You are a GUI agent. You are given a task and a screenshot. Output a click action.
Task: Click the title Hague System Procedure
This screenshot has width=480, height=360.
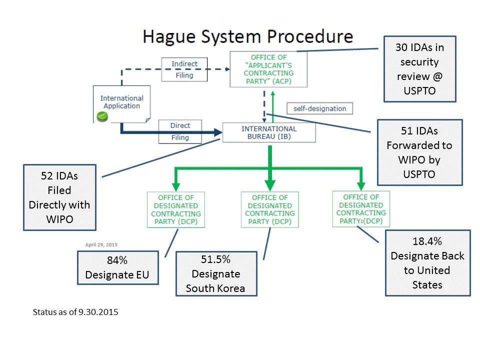click(248, 36)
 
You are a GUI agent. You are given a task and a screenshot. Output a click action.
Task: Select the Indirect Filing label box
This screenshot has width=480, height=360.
click(184, 69)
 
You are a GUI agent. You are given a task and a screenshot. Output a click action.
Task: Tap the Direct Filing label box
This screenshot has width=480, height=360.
click(180, 131)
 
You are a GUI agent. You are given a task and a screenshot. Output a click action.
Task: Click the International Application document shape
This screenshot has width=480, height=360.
click(122, 104)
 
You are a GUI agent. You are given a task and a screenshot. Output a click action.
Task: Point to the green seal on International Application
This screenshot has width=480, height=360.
click(102, 116)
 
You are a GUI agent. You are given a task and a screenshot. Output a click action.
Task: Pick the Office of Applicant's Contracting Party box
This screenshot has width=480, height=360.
click(268, 69)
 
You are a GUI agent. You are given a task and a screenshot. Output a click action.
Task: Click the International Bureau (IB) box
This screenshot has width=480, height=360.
click(269, 132)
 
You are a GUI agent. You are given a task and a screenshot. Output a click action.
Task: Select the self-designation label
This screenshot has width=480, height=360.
click(319, 108)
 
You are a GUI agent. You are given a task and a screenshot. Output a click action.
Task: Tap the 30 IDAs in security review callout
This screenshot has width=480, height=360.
click(419, 69)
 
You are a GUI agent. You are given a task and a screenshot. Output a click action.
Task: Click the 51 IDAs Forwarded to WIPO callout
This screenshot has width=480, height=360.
click(419, 152)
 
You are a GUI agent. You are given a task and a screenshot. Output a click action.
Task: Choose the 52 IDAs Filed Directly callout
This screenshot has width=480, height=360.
click(59, 197)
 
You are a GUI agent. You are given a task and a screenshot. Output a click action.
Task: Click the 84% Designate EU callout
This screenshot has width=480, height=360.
click(118, 268)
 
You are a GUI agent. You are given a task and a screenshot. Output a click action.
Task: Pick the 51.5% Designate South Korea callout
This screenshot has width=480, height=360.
click(216, 273)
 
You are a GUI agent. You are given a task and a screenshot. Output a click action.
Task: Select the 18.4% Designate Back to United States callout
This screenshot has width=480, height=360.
click(427, 263)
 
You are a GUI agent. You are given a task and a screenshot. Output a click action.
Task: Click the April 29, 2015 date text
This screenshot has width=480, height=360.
click(101, 244)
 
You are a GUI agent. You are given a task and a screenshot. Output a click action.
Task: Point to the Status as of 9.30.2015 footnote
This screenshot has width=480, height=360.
click(75, 312)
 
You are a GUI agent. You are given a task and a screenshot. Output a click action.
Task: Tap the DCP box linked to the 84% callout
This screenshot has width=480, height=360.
click(176, 209)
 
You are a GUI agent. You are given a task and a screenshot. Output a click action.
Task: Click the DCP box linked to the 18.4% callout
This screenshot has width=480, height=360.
click(361, 209)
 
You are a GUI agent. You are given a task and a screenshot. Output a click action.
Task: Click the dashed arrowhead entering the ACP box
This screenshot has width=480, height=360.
click(227, 69)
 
